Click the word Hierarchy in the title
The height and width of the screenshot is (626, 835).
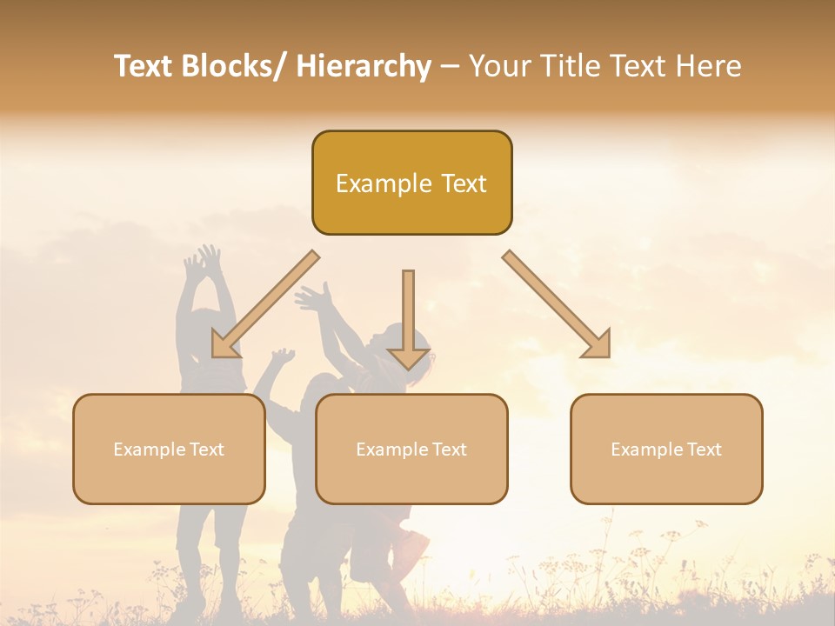(364, 67)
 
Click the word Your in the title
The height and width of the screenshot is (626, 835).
(499, 67)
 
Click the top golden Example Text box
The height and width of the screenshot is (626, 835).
(411, 183)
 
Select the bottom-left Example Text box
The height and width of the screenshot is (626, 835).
(169, 449)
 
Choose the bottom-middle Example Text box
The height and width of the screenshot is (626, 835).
(411, 449)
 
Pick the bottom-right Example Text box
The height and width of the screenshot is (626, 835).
(666, 449)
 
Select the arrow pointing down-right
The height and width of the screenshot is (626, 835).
(558, 305)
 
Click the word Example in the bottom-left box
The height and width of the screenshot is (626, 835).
(149, 450)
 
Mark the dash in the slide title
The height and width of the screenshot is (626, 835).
(449, 67)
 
